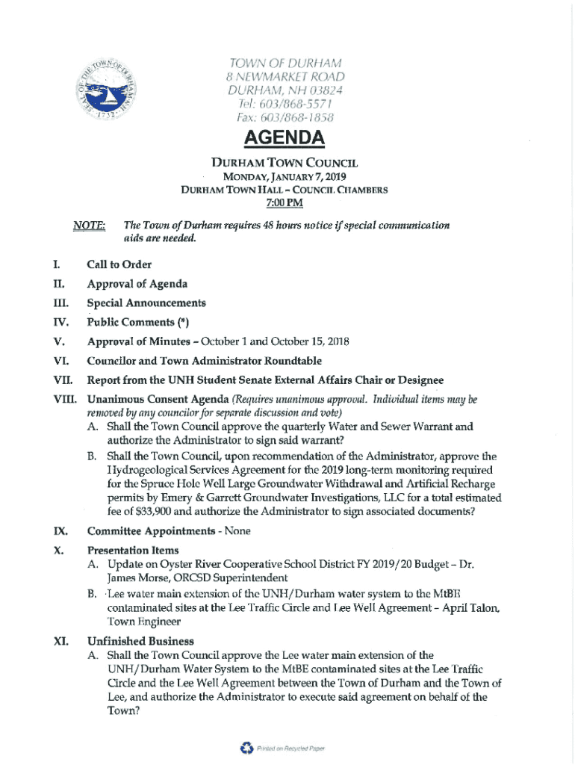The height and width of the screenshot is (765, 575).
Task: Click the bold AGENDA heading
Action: pyautogui.click(x=287, y=139)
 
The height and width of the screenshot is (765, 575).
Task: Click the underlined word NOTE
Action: pyautogui.click(x=89, y=225)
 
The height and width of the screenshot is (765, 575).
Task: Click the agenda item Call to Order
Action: pyautogui.click(x=119, y=264)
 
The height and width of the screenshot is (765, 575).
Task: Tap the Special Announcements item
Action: pyautogui.click(x=146, y=303)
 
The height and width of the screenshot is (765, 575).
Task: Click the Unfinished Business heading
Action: pyautogui.click(x=140, y=641)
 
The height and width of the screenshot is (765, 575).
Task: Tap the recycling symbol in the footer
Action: pyautogui.click(x=246, y=747)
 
